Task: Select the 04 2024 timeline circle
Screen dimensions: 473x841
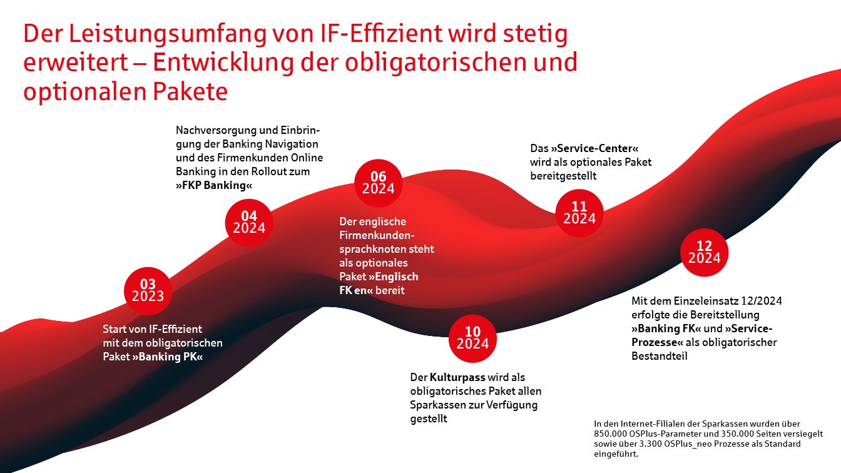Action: coord(249,223)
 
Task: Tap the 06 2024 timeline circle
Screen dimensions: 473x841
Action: coord(379,183)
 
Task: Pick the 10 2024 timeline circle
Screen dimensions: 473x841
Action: coord(472,338)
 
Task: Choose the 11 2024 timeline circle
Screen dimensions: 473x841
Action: coord(579,213)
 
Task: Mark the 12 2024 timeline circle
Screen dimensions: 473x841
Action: coord(704,252)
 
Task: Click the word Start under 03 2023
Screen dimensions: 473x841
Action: coord(115,329)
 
